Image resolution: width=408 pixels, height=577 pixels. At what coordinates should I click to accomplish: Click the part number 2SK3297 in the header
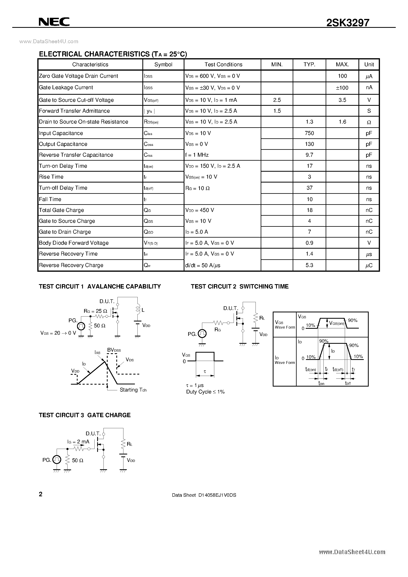pos(348,23)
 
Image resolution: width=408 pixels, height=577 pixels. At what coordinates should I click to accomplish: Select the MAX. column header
pos(342,65)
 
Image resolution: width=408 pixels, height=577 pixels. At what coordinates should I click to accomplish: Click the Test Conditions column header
pos(223,65)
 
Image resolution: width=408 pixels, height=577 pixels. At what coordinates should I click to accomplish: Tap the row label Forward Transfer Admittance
pos(74,111)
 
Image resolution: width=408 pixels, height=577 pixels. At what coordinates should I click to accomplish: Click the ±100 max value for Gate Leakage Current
pos(342,88)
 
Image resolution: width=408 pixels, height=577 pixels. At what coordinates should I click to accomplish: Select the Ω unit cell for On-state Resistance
pos(369,122)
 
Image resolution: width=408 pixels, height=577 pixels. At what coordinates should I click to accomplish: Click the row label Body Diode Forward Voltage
pos(74,243)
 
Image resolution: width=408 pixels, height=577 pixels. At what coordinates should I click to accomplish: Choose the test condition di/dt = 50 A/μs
pos(203,265)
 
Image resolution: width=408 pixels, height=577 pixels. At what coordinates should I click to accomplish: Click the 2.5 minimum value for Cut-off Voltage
pos(277,100)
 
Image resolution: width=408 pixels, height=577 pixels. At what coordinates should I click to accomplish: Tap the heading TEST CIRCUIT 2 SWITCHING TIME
pos(240,287)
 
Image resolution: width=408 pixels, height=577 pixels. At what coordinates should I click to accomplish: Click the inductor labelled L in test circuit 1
pos(138,309)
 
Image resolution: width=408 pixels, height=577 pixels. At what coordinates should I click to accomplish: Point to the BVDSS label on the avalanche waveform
pos(114,350)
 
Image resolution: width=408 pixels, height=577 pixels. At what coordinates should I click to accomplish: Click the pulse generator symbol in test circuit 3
pos(57,460)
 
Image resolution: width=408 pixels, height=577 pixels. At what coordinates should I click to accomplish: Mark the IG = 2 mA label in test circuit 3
pos(78,442)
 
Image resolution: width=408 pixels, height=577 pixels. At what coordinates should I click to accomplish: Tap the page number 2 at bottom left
pos(41,494)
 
